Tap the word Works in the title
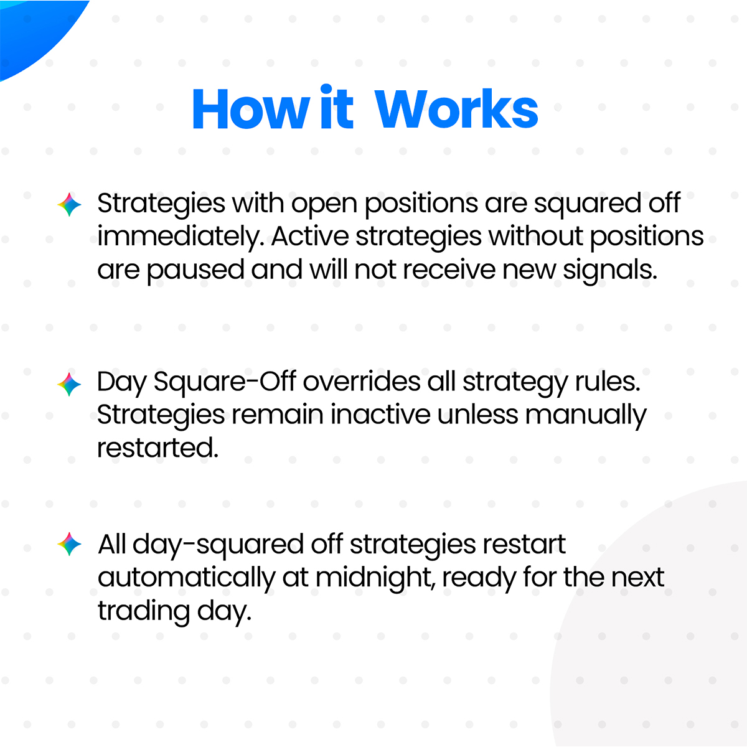(x=456, y=110)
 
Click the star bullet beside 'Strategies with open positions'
(x=69, y=205)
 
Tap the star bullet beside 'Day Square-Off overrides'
(x=69, y=384)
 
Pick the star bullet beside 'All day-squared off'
(x=69, y=545)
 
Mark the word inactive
(x=380, y=415)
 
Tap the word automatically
(x=186, y=578)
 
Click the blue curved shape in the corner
(x=31, y=28)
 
